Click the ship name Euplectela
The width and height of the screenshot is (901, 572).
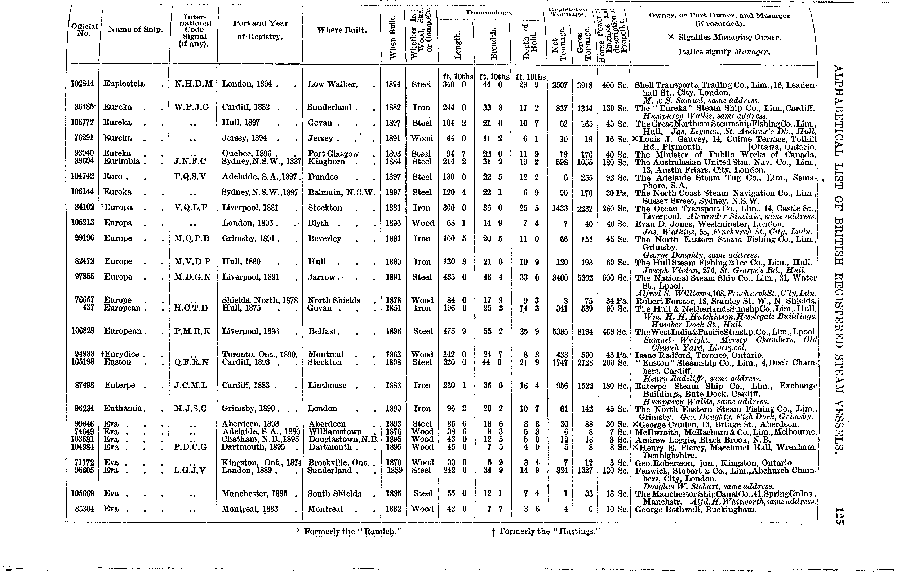[x=124, y=83]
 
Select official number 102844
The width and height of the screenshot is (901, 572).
[x=83, y=83]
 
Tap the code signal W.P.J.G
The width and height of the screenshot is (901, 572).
[x=192, y=107]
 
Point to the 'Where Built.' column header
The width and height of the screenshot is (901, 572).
[x=342, y=30]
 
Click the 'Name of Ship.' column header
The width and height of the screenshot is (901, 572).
[x=135, y=30]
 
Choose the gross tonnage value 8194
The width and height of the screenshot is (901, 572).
[x=585, y=331]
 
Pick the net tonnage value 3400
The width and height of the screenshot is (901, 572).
[x=560, y=277]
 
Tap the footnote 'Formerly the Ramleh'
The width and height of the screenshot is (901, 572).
[x=350, y=532]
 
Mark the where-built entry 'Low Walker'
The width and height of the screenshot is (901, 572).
[x=332, y=84]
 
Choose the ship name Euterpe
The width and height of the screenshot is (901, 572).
[x=120, y=385]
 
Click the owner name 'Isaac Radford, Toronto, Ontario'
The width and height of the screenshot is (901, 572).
[x=699, y=355]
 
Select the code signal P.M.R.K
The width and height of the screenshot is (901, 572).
[x=192, y=331]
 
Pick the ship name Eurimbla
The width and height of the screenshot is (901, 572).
[x=121, y=161]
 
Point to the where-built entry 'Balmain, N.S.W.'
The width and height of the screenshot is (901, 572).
[x=341, y=193]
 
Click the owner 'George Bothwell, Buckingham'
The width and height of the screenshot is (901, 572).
[x=696, y=510]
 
